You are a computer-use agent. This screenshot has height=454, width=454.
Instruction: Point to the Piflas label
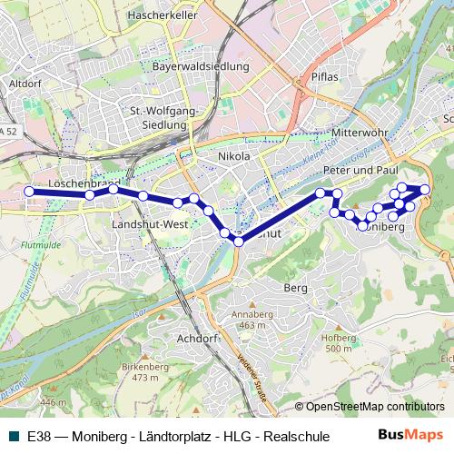(324, 77)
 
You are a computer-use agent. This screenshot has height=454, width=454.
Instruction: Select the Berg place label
(296, 287)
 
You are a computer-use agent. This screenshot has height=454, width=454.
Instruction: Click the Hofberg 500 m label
(338, 342)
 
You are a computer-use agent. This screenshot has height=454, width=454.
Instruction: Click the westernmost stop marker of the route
(29, 191)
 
